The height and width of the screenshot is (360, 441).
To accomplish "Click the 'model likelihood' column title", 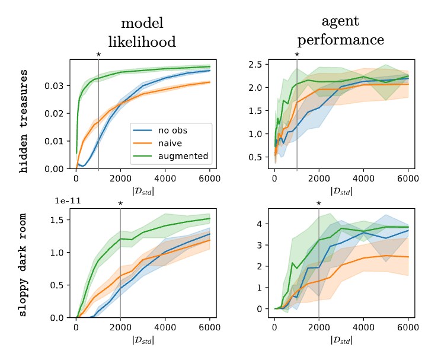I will (142, 32).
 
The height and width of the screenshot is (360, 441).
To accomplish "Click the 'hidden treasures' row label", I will (24, 120).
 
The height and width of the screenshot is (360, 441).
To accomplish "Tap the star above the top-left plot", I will (98, 55).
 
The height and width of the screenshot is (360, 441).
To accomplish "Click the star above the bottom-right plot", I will (319, 203).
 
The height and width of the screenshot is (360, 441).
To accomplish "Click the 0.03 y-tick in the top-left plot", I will (55, 86).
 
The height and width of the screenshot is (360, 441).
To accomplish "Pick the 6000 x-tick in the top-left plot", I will (209, 177).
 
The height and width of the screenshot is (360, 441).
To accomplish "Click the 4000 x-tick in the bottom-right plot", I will (363, 326).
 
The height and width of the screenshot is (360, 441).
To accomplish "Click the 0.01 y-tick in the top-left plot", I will (55, 141).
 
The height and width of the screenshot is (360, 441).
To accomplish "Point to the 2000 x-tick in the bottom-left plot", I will (120, 326).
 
